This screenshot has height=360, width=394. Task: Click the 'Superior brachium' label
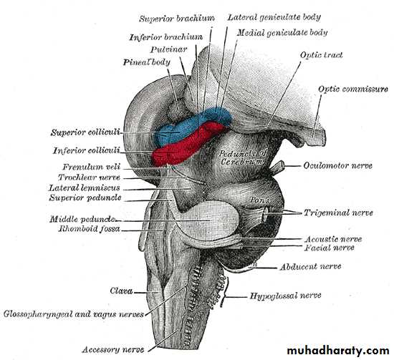pyautogui.click(x=177, y=19)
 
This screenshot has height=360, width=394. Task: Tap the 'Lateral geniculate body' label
pyautogui.click(x=274, y=17)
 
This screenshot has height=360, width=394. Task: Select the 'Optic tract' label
pyautogui.click(x=322, y=55)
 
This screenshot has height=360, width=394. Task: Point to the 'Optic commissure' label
pyautogui.click(x=353, y=89)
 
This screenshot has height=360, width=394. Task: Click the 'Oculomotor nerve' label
pyautogui.click(x=337, y=166)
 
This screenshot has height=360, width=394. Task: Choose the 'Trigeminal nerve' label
pyautogui.click(x=338, y=213)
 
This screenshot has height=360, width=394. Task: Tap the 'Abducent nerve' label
pyautogui.click(x=311, y=266)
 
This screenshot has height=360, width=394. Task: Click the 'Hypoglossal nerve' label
pyautogui.click(x=285, y=296)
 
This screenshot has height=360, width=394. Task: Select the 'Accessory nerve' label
pyautogui.click(x=113, y=350)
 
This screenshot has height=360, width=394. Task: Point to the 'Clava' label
pyautogui.click(x=121, y=291)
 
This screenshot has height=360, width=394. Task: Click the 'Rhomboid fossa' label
pyautogui.click(x=90, y=229)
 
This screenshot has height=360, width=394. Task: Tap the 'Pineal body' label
pyautogui.click(x=146, y=62)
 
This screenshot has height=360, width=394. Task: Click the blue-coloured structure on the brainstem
pyautogui.click(x=191, y=125)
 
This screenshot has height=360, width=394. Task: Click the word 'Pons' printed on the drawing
pyautogui.click(x=260, y=200)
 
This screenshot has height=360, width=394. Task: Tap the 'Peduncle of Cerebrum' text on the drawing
pyautogui.click(x=242, y=157)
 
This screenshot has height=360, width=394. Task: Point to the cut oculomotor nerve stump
pyautogui.click(x=278, y=167)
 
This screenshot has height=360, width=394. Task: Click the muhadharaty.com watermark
pyautogui.click(x=338, y=350)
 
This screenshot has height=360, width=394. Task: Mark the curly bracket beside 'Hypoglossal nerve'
pyautogui.click(x=225, y=292)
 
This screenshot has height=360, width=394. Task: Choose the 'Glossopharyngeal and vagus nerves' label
pyautogui.click(x=74, y=314)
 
